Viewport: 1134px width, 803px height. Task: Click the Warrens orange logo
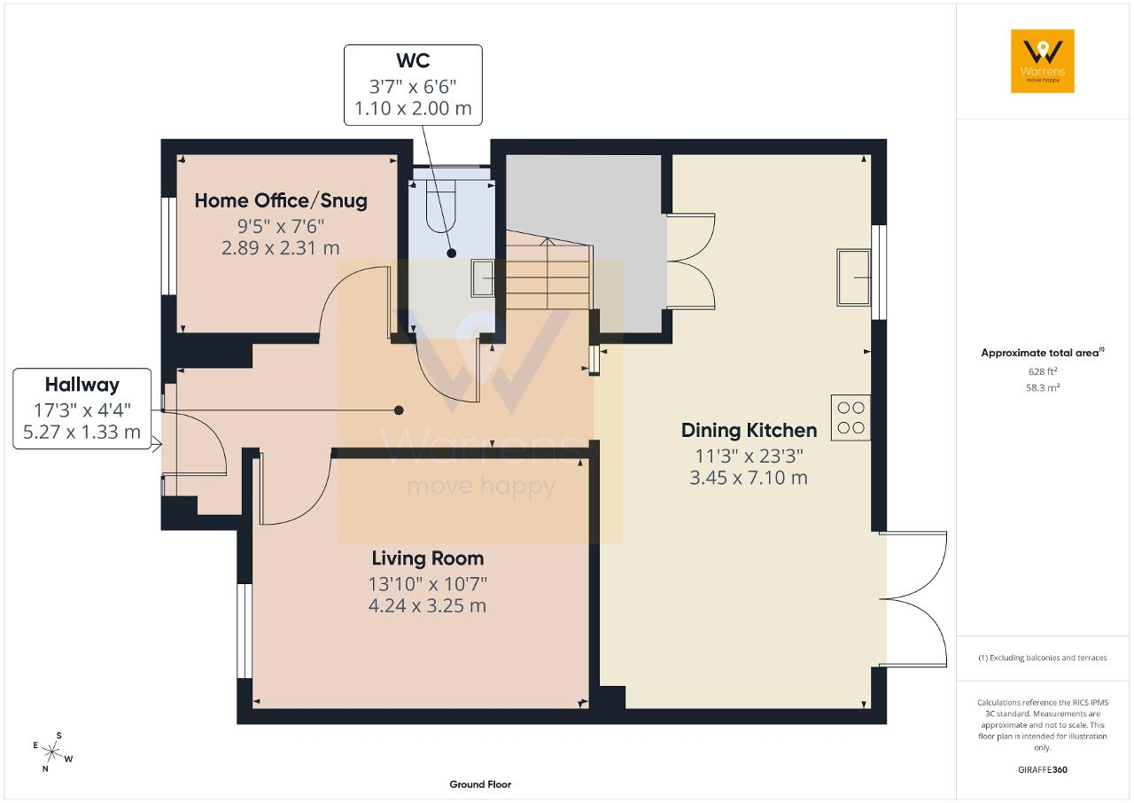point(1043,61)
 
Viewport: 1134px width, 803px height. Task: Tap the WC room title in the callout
point(413,61)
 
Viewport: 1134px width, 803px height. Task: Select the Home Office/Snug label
point(281,201)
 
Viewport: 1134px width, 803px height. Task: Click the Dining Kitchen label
point(749,431)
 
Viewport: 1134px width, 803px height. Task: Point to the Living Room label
point(428,558)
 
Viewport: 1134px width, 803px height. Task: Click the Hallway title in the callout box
point(82,385)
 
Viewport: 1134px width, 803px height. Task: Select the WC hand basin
point(483,277)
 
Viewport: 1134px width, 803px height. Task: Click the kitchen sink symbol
point(853,277)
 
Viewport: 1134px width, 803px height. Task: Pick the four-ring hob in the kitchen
point(850,417)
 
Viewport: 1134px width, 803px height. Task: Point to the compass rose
point(52,752)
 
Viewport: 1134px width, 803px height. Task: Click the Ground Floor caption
point(480,784)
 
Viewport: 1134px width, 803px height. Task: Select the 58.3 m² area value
point(1042,388)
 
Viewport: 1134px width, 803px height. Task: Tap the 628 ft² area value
point(1043,371)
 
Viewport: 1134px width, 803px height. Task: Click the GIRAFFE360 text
point(1043,769)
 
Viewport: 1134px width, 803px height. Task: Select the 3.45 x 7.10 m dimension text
point(749,478)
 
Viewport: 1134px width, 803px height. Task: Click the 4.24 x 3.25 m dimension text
point(428,606)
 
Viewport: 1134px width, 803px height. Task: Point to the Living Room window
point(245,630)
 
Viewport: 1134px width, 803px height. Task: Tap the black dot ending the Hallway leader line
point(399,410)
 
